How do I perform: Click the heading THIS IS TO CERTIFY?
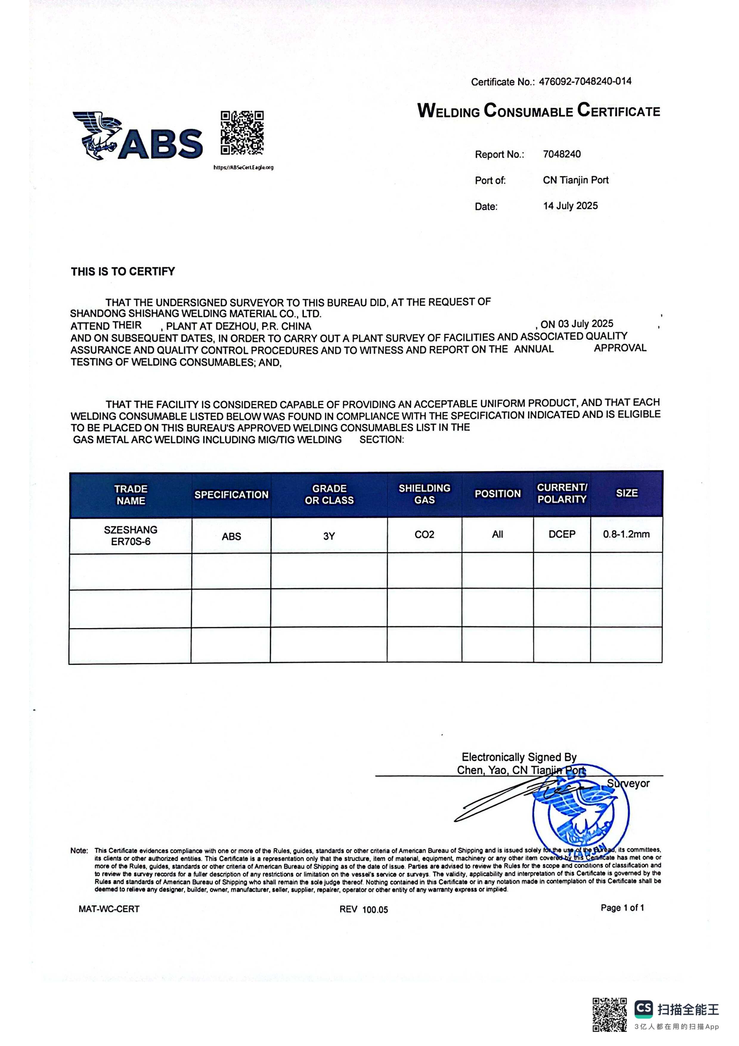(123, 272)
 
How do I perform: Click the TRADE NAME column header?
(131, 495)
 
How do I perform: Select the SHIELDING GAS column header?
(425, 494)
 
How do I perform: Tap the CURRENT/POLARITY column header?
(562, 493)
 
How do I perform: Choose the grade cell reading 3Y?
(329, 536)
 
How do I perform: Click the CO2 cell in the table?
(425, 534)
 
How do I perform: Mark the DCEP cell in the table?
(562, 534)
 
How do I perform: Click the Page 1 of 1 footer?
(622, 908)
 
